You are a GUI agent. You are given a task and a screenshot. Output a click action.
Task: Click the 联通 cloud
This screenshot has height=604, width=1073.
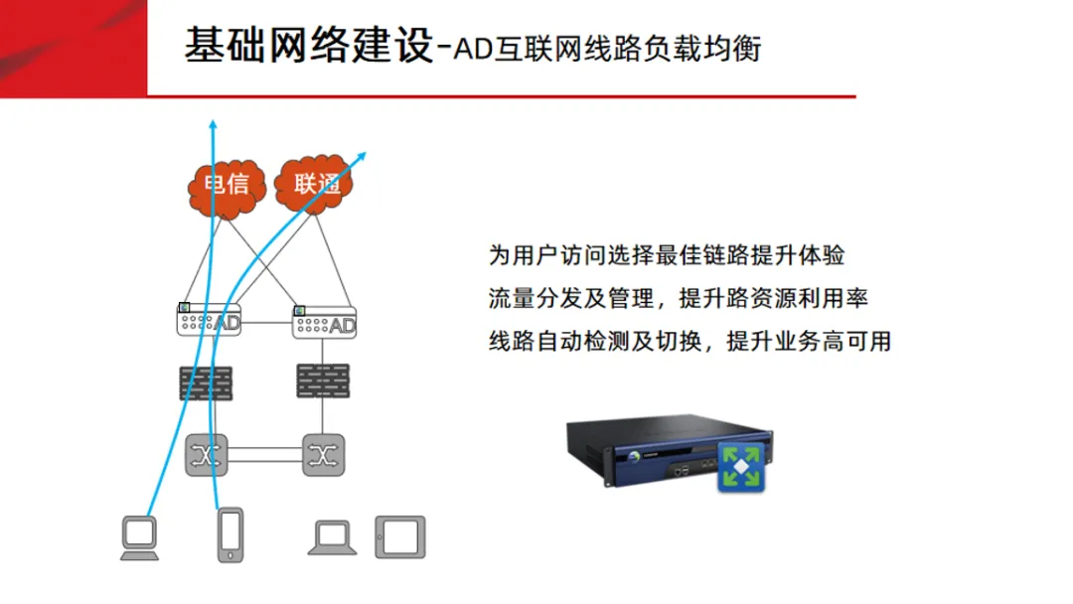pyautogui.click(x=316, y=183)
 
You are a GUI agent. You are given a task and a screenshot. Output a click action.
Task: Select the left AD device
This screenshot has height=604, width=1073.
pyautogui.click(x=209, y=321)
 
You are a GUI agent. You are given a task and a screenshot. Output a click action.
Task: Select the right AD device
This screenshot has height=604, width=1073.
pyautogui.click(x=325, y=322)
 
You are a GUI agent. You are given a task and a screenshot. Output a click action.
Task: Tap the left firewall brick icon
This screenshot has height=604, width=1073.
pyautogui.click(x=206, y=382)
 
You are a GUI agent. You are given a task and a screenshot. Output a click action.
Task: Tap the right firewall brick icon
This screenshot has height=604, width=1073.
pyautogui.click(x=323, y=380)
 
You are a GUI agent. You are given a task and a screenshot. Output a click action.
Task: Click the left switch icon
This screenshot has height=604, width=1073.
pyautogui.click(x=207, y=455)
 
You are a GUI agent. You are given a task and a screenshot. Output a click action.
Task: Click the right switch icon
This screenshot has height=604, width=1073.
pyautogui.click(x=323, y=455)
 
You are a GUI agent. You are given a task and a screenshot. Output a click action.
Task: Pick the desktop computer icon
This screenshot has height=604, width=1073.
pyautogui.click(x=139, y=537)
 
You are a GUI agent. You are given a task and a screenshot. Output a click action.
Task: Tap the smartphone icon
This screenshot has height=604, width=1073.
pyautogui.click(x=230, y=536)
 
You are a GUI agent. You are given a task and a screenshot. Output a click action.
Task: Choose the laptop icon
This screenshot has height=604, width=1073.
pyautogui.click(x=333, y=537)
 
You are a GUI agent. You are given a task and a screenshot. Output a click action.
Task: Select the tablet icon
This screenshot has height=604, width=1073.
pyautogui.click(x=399, y=536)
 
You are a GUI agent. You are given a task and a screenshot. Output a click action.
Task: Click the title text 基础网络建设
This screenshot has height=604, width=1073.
pyautogui.click(x=309, y=46)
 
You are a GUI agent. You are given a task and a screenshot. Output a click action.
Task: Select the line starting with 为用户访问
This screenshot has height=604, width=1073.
pyautogui.click(x=667, y=254)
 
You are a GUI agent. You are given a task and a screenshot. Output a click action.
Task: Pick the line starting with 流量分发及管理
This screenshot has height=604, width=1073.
pyautogui.click(x=679, y=298)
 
